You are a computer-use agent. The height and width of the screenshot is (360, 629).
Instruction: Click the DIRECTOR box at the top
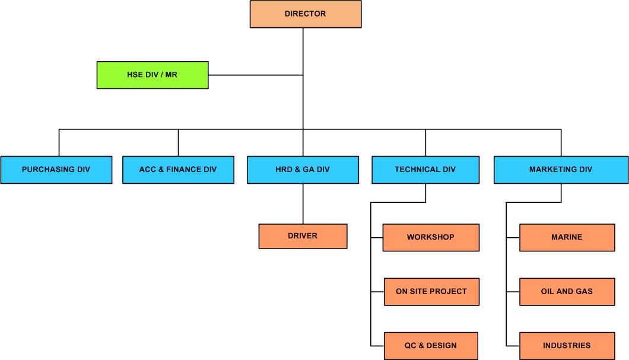[305, 14]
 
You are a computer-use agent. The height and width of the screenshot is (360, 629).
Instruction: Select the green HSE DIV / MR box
[153, 75]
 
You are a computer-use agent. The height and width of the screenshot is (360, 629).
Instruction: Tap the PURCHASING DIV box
[56, 170]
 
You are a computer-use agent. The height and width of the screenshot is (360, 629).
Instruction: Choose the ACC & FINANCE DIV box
[178, 170]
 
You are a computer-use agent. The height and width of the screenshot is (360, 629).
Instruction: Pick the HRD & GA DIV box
[303, 170]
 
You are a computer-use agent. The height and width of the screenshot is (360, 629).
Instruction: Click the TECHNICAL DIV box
[425, 170]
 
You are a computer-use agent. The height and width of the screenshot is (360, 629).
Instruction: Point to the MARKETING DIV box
[561, 170]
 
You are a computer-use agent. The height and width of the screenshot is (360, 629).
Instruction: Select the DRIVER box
[303, 236]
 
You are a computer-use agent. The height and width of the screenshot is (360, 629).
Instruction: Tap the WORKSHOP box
[431, 237]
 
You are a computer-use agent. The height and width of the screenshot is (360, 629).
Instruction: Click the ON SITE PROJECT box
[431, 292]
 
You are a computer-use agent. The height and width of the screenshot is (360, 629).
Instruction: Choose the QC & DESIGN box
[431, 346]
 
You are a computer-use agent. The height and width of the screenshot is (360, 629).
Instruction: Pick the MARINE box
[567, 237]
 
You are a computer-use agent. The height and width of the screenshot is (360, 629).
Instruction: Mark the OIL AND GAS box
[567, 292]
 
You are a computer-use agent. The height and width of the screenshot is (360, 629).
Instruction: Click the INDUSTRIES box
[567, 346]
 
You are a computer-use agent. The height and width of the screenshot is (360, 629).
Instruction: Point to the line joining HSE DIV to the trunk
[255, 75]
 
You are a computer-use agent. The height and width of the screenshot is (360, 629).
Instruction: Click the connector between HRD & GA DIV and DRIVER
[303, 203]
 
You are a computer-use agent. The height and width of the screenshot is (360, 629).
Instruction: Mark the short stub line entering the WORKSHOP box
[377, 238]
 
